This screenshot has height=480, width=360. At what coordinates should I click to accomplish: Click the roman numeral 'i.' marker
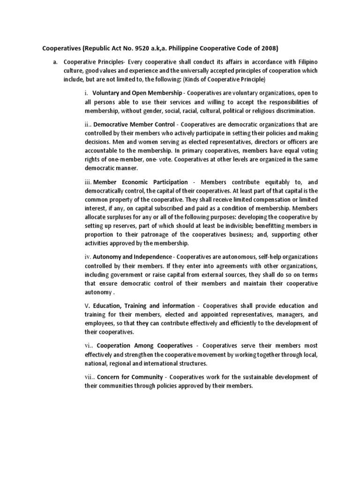point(87,93)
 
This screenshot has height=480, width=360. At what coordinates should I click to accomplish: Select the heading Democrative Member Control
point(134,124)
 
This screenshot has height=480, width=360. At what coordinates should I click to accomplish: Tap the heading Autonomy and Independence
point(132,257)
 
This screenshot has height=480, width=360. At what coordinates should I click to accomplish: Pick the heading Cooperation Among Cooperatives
point(145,345)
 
